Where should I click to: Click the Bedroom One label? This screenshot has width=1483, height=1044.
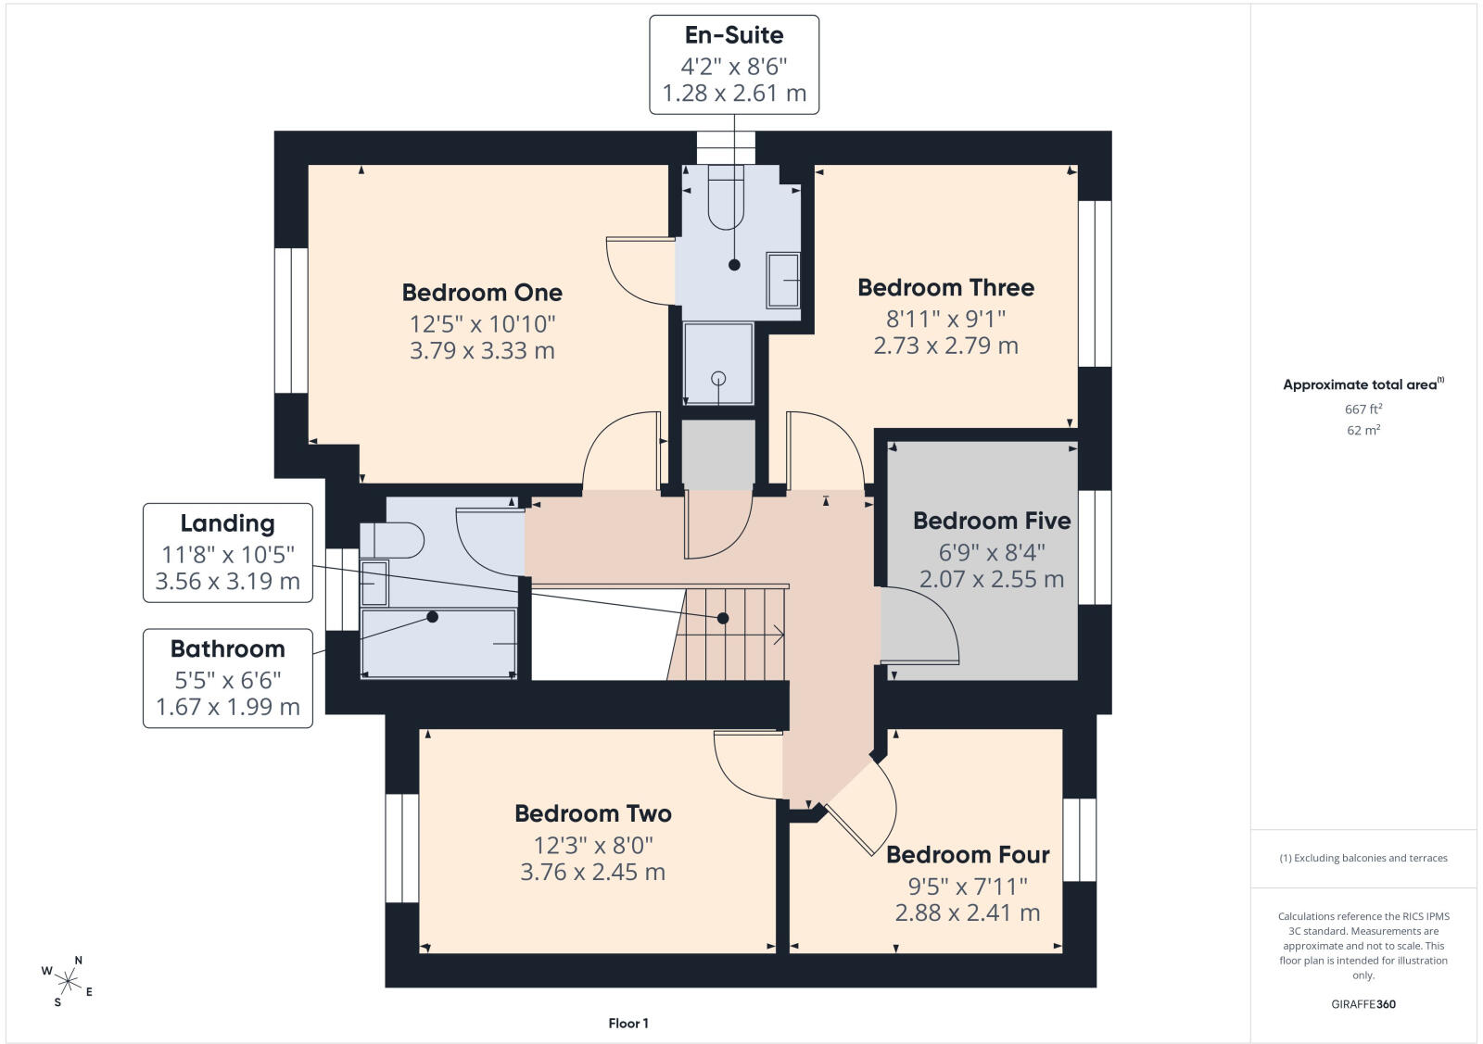point(482,293)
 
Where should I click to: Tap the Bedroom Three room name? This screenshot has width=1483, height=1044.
point(945,288)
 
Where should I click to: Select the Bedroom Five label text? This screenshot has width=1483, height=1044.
point(992,521)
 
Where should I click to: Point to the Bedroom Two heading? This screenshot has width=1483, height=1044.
point(593,813)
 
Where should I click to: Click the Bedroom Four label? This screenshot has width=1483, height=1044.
point(968,855)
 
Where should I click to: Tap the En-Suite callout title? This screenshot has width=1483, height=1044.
point(734,35)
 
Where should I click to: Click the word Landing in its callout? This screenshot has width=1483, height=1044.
point(228,524)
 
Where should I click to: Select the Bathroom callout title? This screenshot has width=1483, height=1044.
point(228,649)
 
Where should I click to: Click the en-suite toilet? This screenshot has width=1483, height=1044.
point(726,197)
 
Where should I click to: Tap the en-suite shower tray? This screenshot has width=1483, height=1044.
point(718,363)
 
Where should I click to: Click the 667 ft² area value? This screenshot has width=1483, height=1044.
point(1363,409)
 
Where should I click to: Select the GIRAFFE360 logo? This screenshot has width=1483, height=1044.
point(1363,1004)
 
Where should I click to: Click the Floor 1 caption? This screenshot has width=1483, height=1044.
point(628,1024)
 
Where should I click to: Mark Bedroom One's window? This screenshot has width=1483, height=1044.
point(291,321)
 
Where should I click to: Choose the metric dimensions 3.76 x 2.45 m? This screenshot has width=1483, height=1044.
point(593,872)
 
